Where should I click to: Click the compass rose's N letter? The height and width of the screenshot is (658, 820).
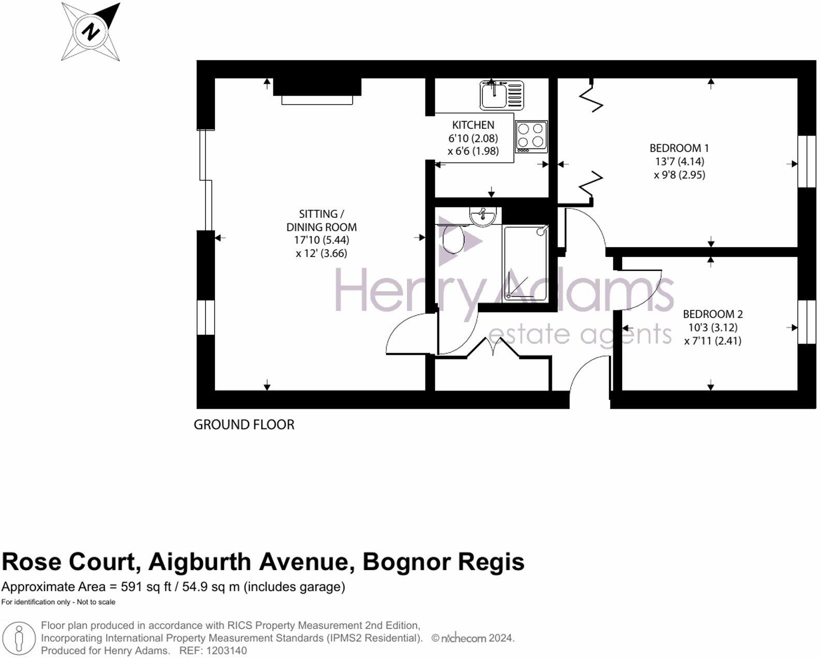[91, 32]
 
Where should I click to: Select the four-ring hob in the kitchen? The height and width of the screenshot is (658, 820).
[531, 136]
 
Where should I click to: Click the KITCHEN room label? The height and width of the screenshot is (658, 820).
[473, 125]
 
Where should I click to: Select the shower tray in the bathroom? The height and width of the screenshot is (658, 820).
[525, 264]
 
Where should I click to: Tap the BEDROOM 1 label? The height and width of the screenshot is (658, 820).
[679, 148]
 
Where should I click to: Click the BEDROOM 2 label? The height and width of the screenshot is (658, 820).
[712, 314]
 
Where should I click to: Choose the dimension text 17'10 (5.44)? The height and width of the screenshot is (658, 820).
[321, 240]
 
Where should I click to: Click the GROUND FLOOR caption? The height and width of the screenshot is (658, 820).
[244, 425]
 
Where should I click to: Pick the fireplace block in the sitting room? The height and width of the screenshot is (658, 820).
[317, 87]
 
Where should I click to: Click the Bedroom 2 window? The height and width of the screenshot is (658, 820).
[807, 322]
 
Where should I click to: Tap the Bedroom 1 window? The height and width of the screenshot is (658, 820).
[807, 161]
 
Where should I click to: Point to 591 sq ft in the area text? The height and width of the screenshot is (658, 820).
[145, 587]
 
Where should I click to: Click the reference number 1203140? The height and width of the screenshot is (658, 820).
[227, 651]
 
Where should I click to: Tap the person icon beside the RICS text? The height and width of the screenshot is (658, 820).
[20, 639]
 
